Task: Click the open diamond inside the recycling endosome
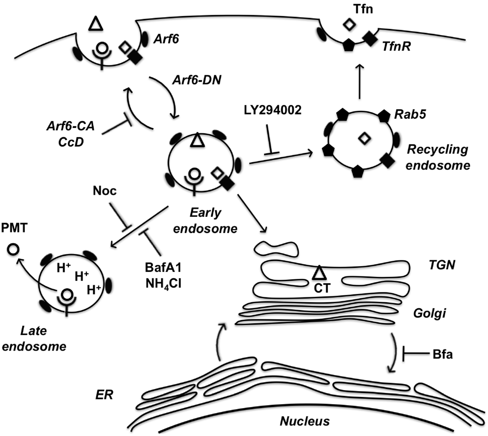(365, 140)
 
